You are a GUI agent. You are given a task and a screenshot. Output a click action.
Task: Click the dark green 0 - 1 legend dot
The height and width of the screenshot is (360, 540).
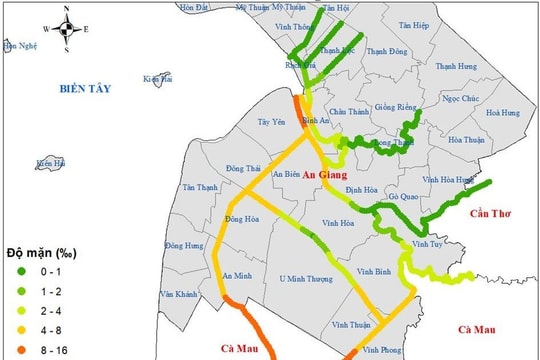tap(14, 271)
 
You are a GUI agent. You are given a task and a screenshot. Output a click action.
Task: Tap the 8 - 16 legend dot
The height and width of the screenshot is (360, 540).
tap(14, 349)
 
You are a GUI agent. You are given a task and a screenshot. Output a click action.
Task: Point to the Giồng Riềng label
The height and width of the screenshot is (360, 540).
tap(392, 107)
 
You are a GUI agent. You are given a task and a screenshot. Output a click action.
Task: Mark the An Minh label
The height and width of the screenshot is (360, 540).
tap(237, 276)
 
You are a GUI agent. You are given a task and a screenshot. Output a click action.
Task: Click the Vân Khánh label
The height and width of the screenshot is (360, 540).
tap(179, 295)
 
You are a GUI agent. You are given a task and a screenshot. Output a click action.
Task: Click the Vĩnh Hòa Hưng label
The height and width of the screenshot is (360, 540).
tap(449, 180)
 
